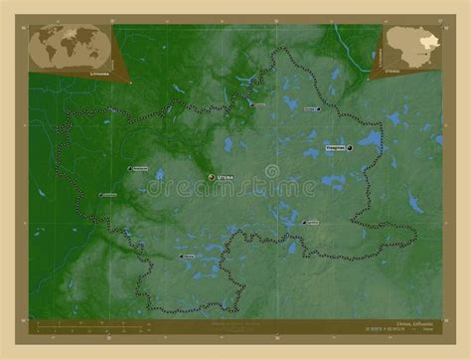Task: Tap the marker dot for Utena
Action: pos(211,177)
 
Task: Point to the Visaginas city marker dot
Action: pos(350,148)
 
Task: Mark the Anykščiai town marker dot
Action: pos(128,168)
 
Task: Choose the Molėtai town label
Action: pos(187,256)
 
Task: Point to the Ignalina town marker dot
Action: pos(303,223)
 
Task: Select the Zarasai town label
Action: pos(310,107)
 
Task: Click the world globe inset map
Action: pos(70,45)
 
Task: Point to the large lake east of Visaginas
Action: pos(371,139)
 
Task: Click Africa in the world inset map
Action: pos(70,50)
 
